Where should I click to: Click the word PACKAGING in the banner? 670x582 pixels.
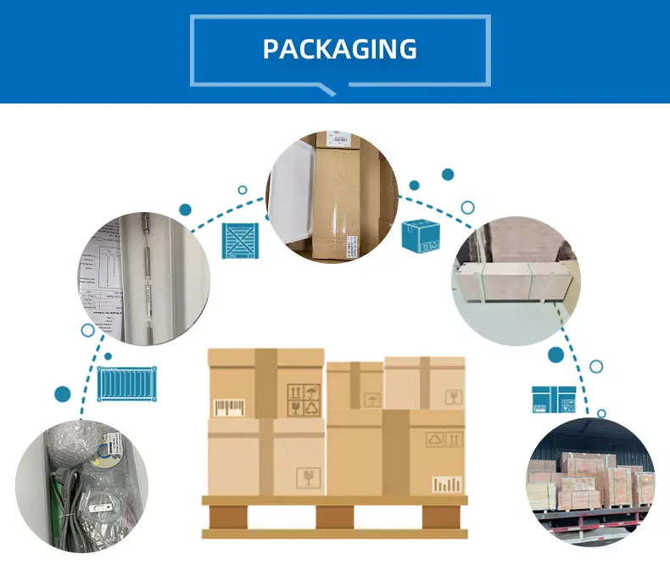click(x=339, y=48)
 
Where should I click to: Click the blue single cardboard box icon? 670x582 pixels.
click(x=421, y=235)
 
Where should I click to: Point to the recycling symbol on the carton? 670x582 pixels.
click(x=313, y=408)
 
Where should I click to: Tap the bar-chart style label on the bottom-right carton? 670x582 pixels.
click(x=448, y=484)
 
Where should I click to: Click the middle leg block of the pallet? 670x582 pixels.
click(x=334, y=516)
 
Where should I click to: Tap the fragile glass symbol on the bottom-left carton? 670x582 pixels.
click(x=308, y=477)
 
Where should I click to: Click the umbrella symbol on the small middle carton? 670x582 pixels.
click(x=372, y=398)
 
